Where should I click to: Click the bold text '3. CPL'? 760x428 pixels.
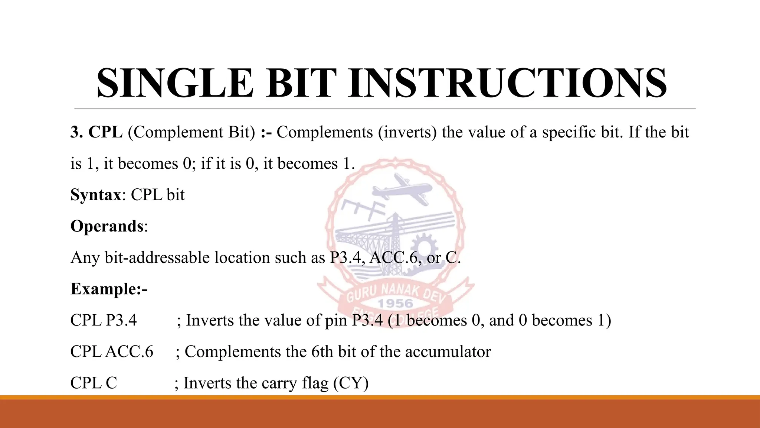coord(96,132)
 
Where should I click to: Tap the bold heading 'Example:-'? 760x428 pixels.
coord(109,289)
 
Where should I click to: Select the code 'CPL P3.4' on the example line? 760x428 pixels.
coord(104,320)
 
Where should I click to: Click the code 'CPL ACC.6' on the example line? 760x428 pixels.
coord(112,352)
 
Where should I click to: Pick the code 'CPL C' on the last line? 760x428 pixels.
coord(94,383)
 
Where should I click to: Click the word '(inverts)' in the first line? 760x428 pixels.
coord(407,132)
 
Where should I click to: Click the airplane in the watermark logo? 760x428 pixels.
coord(403,190)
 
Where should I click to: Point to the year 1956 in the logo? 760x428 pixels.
coord(395,304)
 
